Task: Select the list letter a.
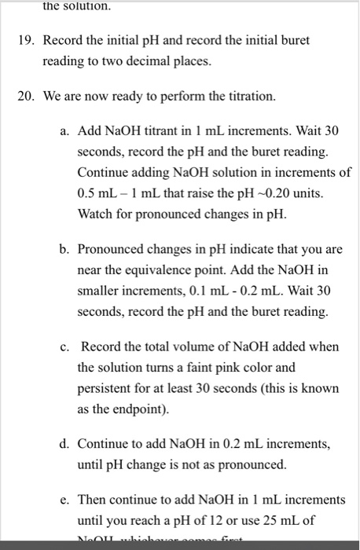point(63,129)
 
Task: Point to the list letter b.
point(63,250)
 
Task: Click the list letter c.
point(63,346)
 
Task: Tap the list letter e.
point(63,500)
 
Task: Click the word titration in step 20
point(252,97)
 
